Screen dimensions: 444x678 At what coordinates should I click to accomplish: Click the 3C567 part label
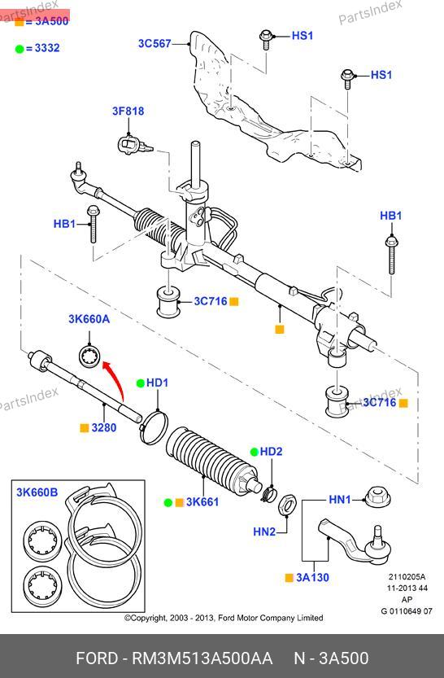[x=155, y=44]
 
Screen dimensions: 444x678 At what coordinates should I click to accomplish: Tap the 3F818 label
[x=128, y=112]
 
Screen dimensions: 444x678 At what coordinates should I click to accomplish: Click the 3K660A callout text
[x=89, y=319]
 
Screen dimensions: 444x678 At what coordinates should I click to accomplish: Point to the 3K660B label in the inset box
[x=37, y=492]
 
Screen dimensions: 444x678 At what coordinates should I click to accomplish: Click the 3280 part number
[x=103, y=427]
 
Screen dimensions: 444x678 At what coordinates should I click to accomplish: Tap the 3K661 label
[x=202, y=502]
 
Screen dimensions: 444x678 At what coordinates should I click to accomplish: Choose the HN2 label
[x=264, y=531]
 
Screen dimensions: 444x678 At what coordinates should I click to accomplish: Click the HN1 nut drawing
[x=377, y=497]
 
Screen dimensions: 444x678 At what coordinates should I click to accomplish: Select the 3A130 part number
[x=312, y=577]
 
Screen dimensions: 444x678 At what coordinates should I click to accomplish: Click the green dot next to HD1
[x=141, y=383]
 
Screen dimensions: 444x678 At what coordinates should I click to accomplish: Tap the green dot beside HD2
[x=255, y=452]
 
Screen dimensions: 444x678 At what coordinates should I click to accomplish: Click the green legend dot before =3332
[x=20, y=49]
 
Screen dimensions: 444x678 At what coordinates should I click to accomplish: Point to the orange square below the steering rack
[x=280, y=329]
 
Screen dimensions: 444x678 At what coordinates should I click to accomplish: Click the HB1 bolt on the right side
[x=391, y=255]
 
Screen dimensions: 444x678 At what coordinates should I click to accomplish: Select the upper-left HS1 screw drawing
[x=265, y=40]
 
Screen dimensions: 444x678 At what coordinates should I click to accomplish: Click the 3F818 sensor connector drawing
[x=134, y=145]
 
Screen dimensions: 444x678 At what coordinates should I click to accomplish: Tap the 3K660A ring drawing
[x=90, y=356]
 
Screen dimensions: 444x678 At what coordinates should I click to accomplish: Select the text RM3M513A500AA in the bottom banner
[x=202, y=658]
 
